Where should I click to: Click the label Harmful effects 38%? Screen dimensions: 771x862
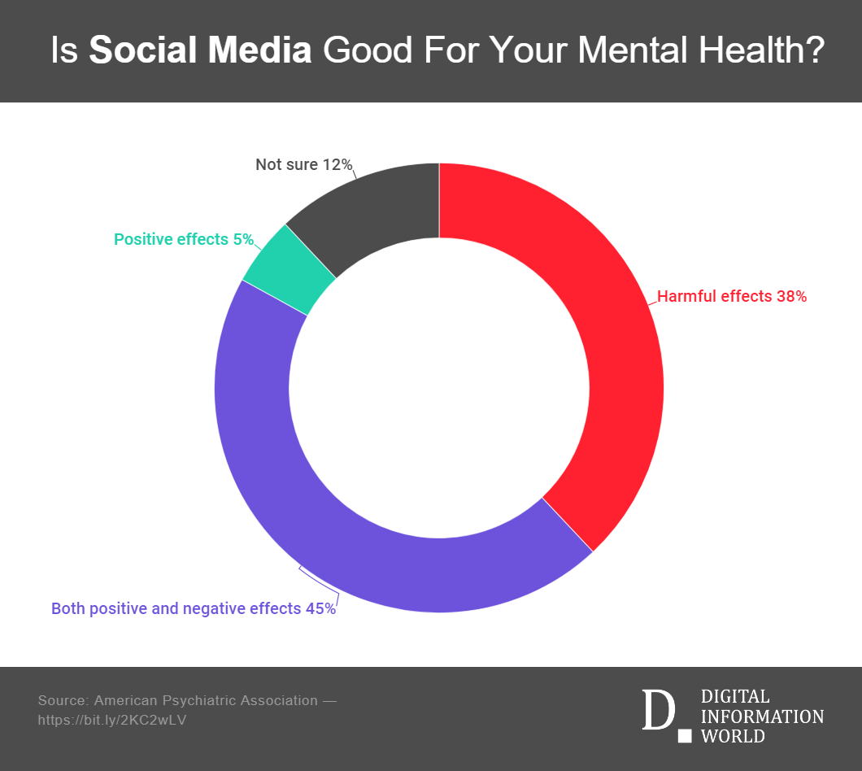731,297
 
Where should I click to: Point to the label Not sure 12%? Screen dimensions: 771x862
303,165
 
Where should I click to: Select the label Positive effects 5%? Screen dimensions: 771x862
183,240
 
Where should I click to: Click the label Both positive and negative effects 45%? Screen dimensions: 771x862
193,608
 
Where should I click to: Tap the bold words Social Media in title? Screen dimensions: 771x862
200,50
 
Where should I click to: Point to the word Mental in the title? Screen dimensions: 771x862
624,50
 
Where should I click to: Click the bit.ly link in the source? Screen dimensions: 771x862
112,720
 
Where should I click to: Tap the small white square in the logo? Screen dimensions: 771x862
685,736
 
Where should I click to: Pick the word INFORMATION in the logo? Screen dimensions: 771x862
761,717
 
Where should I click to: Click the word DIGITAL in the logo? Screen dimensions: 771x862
734,696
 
